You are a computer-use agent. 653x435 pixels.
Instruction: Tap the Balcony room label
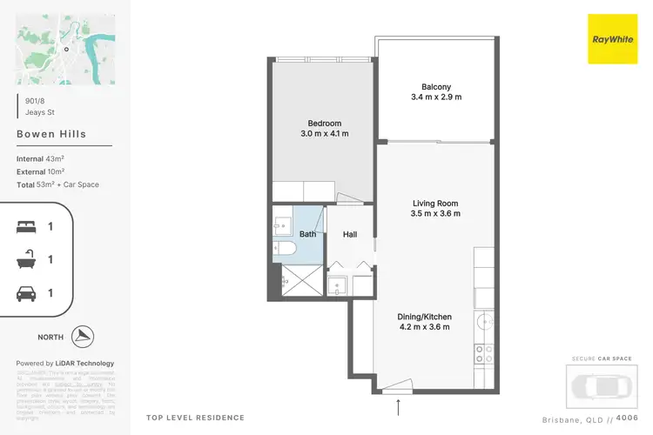(435, 86)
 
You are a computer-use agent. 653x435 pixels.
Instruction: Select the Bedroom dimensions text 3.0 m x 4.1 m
(324, 134)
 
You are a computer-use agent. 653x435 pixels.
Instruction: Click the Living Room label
(435, 203)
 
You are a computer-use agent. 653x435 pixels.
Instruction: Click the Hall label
(350, 234)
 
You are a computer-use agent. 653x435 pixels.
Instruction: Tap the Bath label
(307, 234)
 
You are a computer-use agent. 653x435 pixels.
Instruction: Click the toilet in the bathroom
(285, 250)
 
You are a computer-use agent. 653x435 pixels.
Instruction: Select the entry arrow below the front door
(399, 406)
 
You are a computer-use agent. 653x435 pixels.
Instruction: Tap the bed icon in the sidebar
(27, 226)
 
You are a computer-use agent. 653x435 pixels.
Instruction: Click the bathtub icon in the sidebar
(27, 259)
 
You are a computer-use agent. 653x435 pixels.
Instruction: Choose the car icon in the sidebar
(27, 293)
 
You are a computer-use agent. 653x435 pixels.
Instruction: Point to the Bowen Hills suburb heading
(51, 135)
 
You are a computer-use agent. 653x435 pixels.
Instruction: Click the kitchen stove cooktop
(483, 353)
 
